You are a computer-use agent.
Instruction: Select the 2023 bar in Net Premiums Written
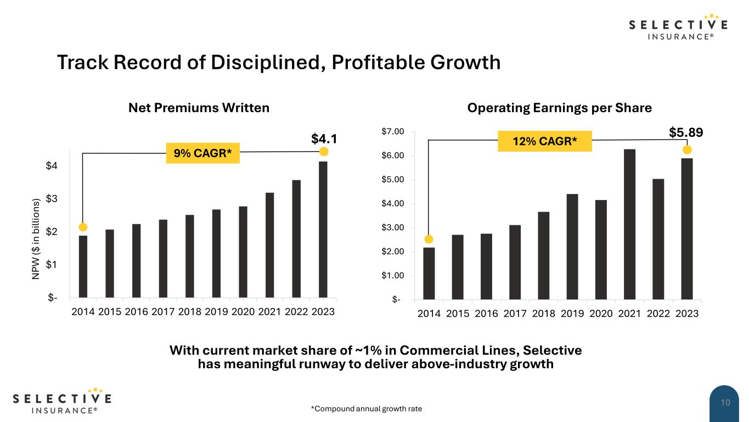pyautogui.click(x=323, y=229)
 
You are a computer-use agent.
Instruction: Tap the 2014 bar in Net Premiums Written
pyautogui.click(x=83, y=266)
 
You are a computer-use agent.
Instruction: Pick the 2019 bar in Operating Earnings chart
pyautogui.click(x=572, y=247)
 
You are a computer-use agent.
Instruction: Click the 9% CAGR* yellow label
pyautogui.click(x=203, y=153)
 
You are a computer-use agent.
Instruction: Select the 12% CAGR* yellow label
pyautogui.click(x=544, y=142)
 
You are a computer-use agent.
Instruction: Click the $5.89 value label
pyautogui.click(x=686, y=132)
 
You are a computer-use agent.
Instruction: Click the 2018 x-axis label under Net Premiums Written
pyautogui.click(x=190, y=312)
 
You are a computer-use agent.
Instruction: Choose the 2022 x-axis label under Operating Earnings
pyautogui.click(x=658, y=313)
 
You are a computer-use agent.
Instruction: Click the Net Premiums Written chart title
pyautogui.click(x=199, y=108)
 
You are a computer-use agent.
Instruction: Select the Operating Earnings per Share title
pyautogui.click(x=559, y=108)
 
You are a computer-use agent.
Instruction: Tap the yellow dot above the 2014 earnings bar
pyautogui.click(x=429, y=239)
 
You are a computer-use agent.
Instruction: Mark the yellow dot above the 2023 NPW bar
pyautogui.click(x=324, y=152)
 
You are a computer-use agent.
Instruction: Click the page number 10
pyautogui.click(x=725, y=403)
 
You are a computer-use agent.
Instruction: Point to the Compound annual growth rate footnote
pyautogui.click(x=367, y=409)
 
